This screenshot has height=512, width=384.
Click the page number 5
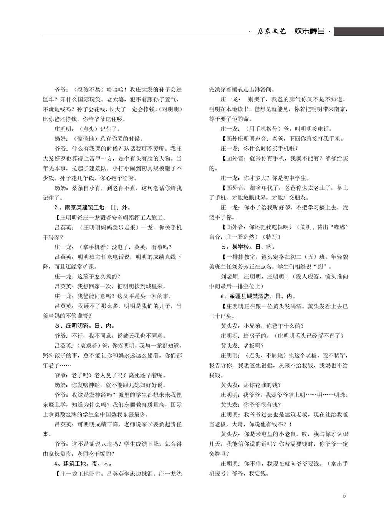344,495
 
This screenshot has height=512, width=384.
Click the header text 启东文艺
271,31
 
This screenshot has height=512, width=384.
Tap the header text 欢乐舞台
309,31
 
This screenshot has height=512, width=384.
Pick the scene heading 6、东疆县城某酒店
252,296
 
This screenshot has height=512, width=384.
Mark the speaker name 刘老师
229,277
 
